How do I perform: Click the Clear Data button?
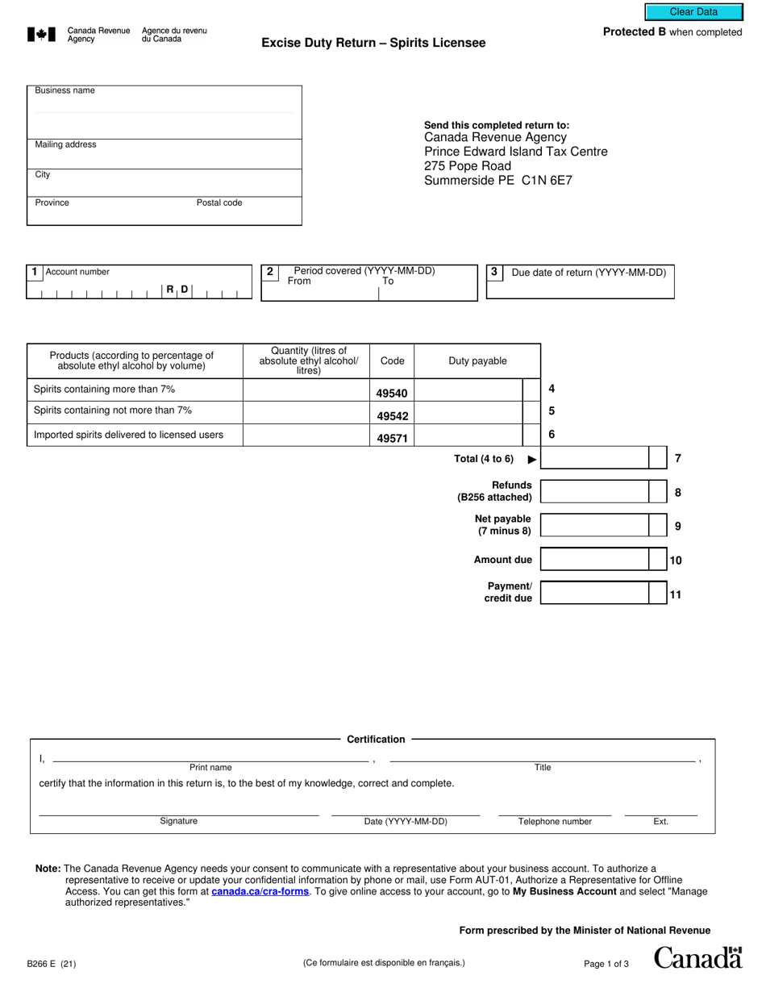(693, 12)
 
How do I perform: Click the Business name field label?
(65, 90)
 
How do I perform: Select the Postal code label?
(219, 202)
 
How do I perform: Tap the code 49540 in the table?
(392, 394)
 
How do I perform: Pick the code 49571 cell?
(392, 439)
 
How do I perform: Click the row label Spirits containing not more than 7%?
(113, 411)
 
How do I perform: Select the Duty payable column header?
(477, 361)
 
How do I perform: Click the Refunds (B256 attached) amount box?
(594, 491)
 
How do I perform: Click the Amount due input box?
(594, 559)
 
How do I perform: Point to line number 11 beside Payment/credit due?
(676, 594)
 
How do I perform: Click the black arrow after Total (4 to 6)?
(531, 460)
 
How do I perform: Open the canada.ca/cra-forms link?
(260, 892)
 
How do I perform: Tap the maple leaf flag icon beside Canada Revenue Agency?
(42, 34)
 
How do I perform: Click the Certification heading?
(376, 739)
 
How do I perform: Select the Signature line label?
(178, 821)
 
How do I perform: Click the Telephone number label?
(555, 822)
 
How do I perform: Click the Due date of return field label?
(589, 273)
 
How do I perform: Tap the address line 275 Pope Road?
(468, 166)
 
